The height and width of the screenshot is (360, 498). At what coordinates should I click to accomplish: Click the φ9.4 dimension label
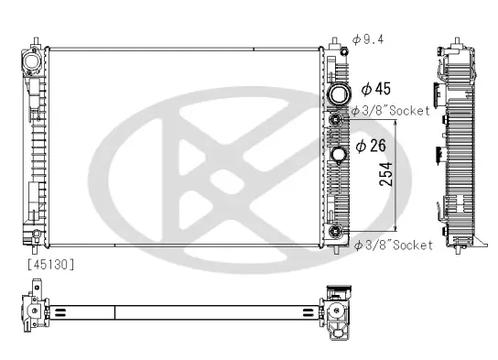[369, 39]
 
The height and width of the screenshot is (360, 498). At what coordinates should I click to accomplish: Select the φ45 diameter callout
[376, 89]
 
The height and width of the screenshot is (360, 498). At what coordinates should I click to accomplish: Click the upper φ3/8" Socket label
[384, 112]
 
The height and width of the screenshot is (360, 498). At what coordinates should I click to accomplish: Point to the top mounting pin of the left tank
[36, 40]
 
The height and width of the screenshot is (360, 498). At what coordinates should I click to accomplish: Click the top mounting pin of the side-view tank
[455, 42]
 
